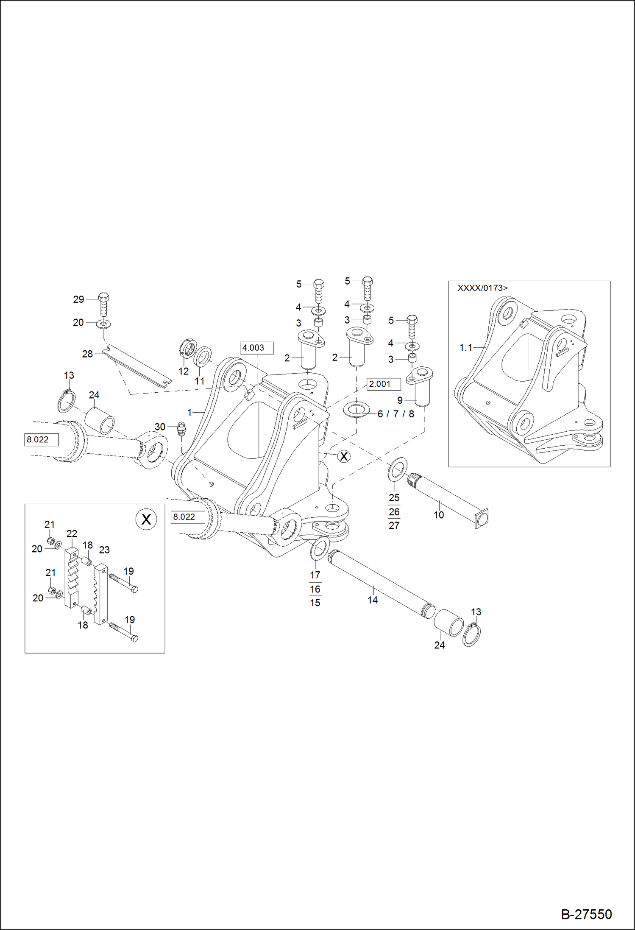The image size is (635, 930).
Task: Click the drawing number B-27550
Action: (x=586, y=914)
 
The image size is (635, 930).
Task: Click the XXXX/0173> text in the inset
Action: (x=482, y=288)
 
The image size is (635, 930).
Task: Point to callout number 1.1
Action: (x=465, y=348)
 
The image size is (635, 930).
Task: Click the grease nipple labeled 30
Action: (x=181, y=429)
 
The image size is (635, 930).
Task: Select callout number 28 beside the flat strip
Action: (x=87, y=354)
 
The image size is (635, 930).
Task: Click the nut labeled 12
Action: (x=188, y=349)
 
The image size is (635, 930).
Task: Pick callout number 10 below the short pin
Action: (x=438, y=515)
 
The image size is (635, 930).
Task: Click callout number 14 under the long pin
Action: (x=372, y=600)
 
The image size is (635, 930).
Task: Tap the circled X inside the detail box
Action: (x=146, y=519)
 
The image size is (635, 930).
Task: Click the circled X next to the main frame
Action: (x=344, y=456)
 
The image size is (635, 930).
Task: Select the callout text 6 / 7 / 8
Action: (x=395, y=414)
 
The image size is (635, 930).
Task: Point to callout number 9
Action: (x=400, y=400)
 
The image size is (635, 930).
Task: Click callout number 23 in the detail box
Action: (x=104, y=550)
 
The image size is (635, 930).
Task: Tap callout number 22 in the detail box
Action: (x=72, y=533)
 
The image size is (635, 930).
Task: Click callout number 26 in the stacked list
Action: (x=394, y=512)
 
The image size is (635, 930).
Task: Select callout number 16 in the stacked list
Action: (x=315, y=589)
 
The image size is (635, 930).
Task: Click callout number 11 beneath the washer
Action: (x=199, y=381)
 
